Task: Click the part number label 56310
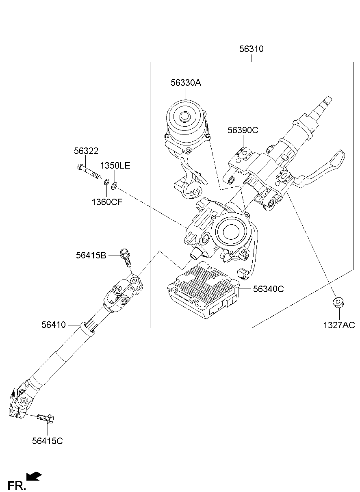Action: click(251, 49)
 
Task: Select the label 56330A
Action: click(186, 83)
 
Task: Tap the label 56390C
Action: click(243, 130)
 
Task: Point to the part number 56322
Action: click(86, 151)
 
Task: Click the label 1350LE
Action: click(115, 166)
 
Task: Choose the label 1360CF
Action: click(107, 202)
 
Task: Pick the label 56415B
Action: click(91, 255)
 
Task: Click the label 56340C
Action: click(268, 289)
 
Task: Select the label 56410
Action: click(53, 325)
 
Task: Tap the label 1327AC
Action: click(339, 325)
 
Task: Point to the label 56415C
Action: click(48, 441)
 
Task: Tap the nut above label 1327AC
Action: click(338, 302)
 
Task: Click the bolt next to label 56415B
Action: click(126, 258)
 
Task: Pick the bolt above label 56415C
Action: click(46, 418)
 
